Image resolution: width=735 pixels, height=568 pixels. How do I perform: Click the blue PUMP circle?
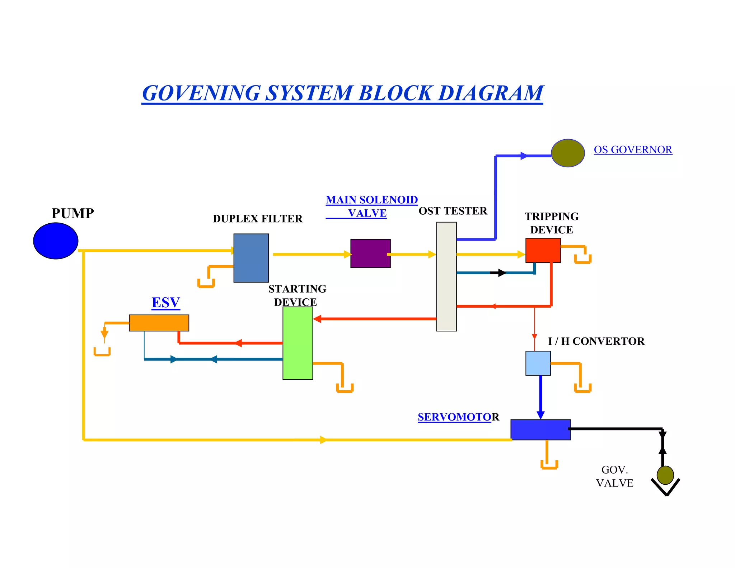pyautogui.click(x=56, y=241)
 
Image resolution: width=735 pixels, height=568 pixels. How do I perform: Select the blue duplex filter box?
pyautogui.click(x=251, y=258)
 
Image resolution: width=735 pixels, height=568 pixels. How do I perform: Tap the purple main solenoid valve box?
pyautogui.click(x=370, y=253)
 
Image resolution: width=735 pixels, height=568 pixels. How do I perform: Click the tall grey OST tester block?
pyautogui.click(x=446, y=276)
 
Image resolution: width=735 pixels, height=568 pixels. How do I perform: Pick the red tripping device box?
pyautogui.click(x=543, y=250)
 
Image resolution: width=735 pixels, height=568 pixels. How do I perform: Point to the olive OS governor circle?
pyautogui.click(x=567, y=153)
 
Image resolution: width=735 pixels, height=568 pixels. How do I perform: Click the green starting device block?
pyautogui.click(x=298, y=343)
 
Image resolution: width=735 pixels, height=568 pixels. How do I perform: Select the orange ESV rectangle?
pyautogui.click(x=159, y=323)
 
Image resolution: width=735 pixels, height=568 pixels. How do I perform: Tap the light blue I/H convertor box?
pyautogui.click(x=538, y=363)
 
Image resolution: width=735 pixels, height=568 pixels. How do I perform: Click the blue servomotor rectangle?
pyautogui.click(x=540, y=429)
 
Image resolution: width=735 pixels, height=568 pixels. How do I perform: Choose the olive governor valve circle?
pyautogui.click(x=665, y=475)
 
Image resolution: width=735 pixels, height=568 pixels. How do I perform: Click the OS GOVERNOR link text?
pyautogui.click(x=633, y=150)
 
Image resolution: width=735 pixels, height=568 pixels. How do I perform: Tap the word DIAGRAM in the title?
pyautogui.click(x=491, y=93)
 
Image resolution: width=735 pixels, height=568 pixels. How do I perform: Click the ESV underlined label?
pyautogui.click(x=166, y=303)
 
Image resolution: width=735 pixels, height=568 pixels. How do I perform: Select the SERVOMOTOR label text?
pyautogui.click(x=458, y=417)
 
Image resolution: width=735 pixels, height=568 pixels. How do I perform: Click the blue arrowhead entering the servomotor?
pyautogui.click(x=540, y=415)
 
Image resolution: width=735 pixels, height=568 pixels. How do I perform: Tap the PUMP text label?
pyautogui.click(x=72, y=213)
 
